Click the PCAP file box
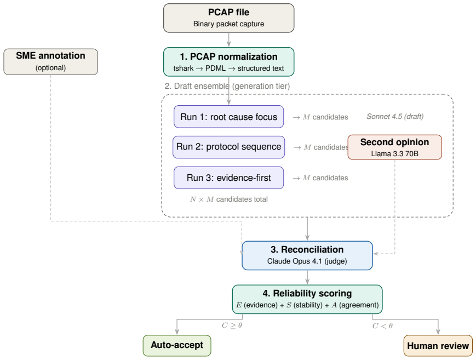228,18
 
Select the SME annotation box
51,62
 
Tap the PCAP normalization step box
228,62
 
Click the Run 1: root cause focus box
228,117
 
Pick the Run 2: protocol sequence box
228,147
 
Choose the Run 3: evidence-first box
228,178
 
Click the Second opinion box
394,147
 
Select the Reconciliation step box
307,255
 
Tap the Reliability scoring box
307,299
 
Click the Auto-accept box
177,345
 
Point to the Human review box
438,346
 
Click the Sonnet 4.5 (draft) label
395,116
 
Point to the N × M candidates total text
229,199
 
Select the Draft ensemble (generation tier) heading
227,86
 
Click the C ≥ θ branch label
232,325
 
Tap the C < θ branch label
382,325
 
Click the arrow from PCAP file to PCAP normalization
228,40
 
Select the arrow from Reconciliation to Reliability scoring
307,277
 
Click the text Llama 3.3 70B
394,154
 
